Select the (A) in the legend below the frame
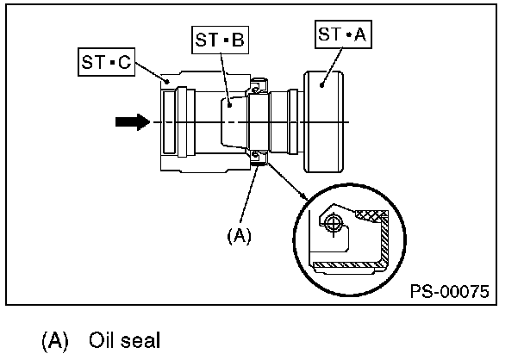55,339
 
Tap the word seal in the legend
140,339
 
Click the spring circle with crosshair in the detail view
335,223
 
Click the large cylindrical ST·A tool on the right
324,122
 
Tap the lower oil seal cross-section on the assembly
257,156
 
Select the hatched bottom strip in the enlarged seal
345,261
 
